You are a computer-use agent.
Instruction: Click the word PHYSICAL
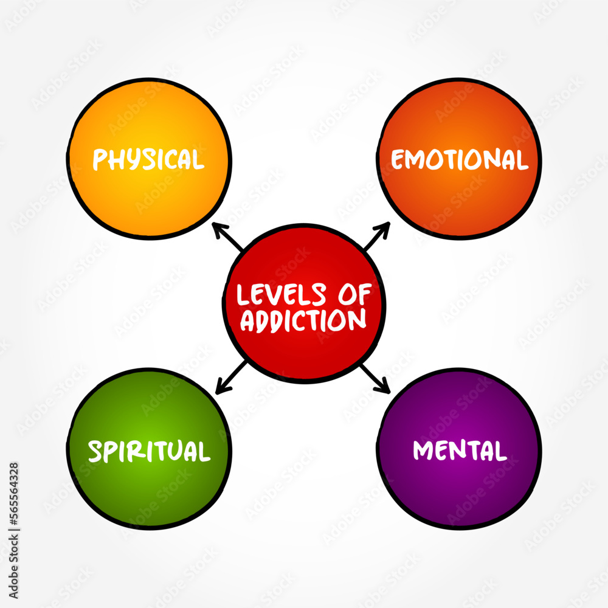[148, 159]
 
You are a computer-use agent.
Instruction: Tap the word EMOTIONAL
[459, 160]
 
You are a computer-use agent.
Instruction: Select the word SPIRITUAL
[149, 451]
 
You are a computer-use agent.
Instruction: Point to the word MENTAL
[460, 451]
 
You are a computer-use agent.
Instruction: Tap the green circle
[149, 486]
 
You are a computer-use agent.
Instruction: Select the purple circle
[459, 486]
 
